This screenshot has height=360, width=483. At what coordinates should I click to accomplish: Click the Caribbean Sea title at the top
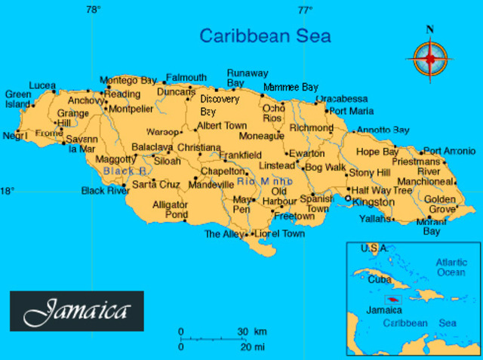click(265, 35)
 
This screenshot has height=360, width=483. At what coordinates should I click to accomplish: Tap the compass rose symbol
click(431, 57)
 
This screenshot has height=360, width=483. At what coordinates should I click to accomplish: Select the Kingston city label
click(373, 202)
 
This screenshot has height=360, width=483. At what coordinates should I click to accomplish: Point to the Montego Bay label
click(128, 80)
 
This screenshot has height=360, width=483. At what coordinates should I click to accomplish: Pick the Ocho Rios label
click(272, 112)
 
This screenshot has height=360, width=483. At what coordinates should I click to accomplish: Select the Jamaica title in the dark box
click(76, 311)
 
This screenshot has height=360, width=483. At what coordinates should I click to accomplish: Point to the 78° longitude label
click(93, 10)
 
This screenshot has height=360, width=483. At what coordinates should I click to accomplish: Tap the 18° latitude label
click(7, 191)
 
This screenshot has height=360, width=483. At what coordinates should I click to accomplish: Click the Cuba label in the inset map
click(378, 278)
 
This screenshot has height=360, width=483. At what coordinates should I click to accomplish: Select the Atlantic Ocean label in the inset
click(451, 267)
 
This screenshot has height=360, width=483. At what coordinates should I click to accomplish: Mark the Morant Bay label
click(431, 226)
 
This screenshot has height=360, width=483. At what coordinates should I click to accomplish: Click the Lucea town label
click(42, 85)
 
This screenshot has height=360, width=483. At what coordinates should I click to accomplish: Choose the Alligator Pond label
click(170, 210)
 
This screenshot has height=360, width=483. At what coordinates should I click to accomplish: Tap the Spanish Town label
click(316, 203)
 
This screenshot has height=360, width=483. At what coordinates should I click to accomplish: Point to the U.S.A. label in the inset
click(374, 248)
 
